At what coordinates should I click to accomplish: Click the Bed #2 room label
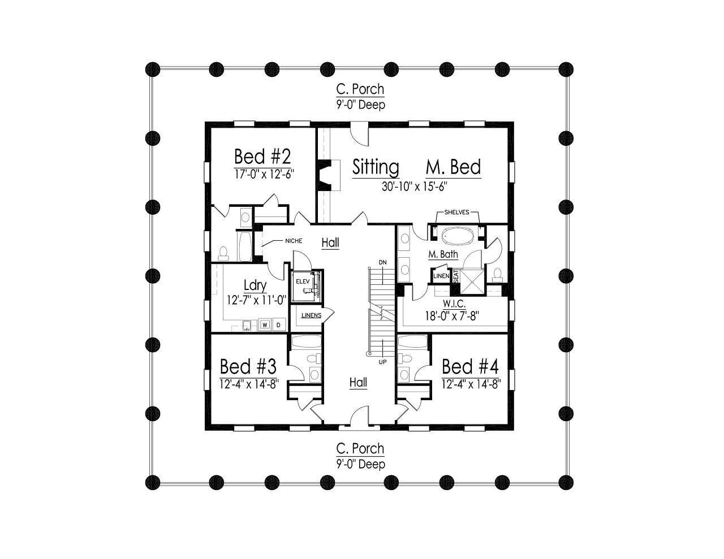pos(262,155)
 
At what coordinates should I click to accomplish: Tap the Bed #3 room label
pos(248,366)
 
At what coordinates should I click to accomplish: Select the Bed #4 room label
pos(470,366)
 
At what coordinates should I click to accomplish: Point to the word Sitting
pos(376,167)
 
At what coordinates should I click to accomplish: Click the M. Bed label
pos(453,167)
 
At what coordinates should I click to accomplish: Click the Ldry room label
pos(255,285)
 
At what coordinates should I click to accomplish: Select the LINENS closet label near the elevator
pos(311,315)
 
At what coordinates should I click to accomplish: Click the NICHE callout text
pos(294,241)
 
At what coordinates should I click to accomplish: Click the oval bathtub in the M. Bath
pos(456,235)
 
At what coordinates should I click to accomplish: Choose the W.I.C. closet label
pos(454,304)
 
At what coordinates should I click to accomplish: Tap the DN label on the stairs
pos(383,262)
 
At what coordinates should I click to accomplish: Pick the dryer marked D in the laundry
pos(278,324)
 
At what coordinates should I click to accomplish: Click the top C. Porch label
pos(360,89)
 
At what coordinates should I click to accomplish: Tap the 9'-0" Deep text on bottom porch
pos(360,464)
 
